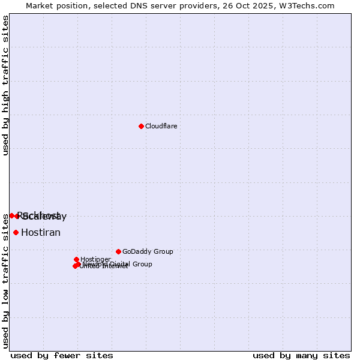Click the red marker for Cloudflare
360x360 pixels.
tap(141, 126)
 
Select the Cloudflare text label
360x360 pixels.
tap(161, 126)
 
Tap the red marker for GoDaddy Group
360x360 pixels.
tap(118, 251)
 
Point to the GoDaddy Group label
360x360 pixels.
tap(148, 251)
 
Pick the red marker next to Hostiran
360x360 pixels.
tap(16, 232)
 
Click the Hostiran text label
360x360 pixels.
tap(41, 232)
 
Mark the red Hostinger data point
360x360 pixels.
tap(76, 259)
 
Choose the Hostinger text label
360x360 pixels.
tap(95, 259)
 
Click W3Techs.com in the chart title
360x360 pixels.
tap(310, 5)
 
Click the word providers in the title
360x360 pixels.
tap(199, 5)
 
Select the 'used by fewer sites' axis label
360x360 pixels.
tap(62, 355)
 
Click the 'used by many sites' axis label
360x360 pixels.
tap(301, 355)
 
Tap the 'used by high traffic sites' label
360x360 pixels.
tap(5, 85)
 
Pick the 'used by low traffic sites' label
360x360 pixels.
tap(5, 281)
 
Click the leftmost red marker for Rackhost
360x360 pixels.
tap(11, 215)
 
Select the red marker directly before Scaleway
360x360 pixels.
tap(17, 216)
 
